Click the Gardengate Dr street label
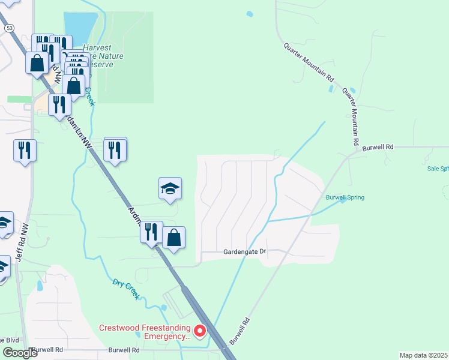pos(244,252)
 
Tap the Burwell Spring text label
pos(345,197)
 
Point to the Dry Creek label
pos(126,289)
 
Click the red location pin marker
pos(198,330)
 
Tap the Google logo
pos(20,353)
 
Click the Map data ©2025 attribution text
pos(423,355)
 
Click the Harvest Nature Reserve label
pos(103,56)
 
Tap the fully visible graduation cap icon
pos(170,188)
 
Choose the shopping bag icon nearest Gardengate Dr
pos(173,238)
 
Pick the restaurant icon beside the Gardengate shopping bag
pos(151,232)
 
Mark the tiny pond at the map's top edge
pos(249,13)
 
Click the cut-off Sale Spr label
pos(438,169)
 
